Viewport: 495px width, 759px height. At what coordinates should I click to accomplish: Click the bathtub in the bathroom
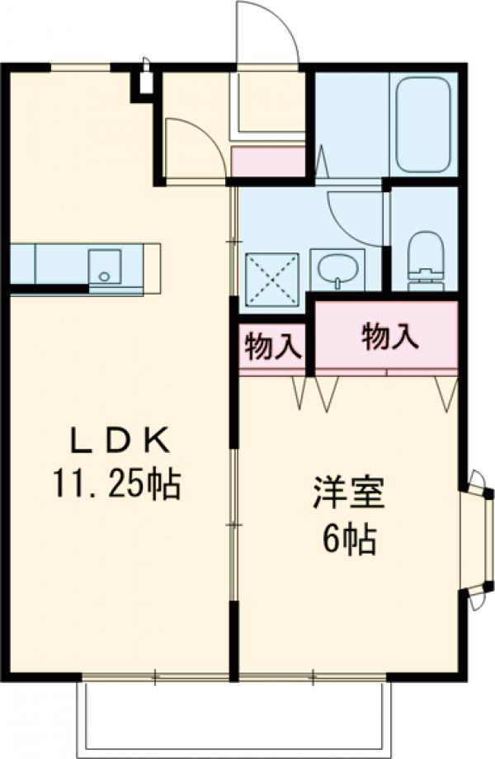click(x=422, y=124)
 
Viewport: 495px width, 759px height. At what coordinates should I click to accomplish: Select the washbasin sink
click(x=338, y=267)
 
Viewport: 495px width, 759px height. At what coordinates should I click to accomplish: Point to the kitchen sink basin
click(x=104, y=266)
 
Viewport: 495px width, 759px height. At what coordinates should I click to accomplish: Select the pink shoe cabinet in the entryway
click(x=268, y=162)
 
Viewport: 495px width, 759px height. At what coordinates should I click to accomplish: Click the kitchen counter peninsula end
click(x=152, y=268)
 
